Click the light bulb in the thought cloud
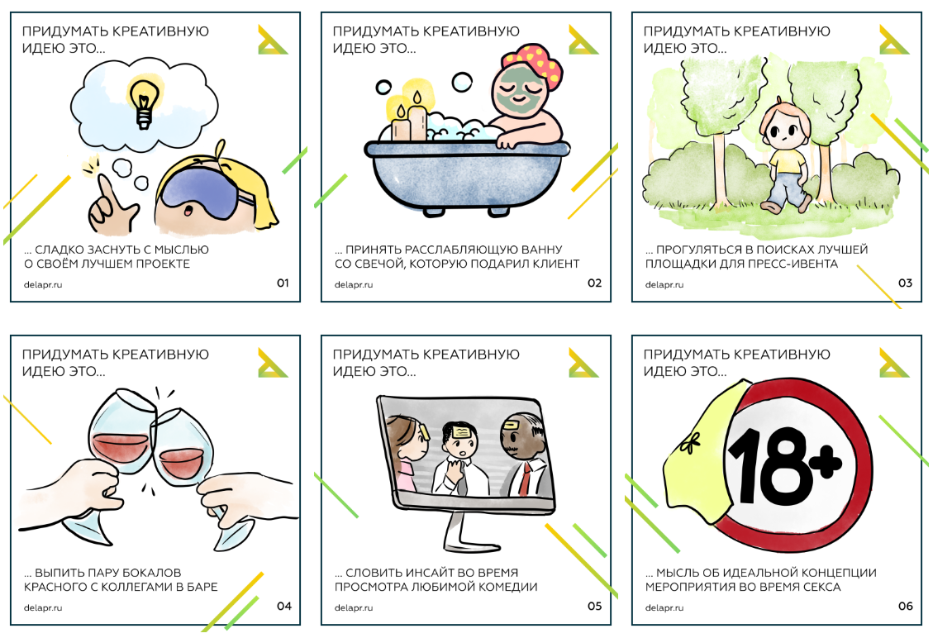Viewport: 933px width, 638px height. (144, 102)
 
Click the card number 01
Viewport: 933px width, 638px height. (283, 283)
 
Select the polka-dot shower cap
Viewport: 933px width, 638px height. (532, 64)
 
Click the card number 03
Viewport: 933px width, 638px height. (904, 283)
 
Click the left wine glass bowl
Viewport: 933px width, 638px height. (121, 431)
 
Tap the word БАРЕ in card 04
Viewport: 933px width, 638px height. (202, 587)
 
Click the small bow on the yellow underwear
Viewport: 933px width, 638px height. (689, 443)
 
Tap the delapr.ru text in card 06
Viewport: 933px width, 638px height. (664, 607)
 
